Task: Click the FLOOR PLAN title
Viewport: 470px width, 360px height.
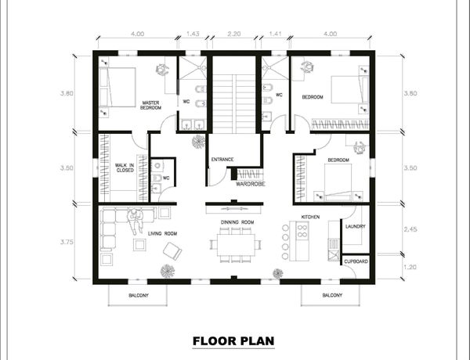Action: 233,341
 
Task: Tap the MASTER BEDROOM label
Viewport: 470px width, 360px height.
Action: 150,105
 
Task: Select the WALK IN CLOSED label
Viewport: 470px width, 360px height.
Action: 125,167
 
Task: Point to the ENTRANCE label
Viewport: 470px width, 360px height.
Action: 222,160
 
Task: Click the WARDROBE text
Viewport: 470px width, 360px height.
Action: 251,184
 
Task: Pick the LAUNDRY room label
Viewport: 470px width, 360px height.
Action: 355,226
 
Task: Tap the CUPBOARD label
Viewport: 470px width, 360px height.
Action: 356,261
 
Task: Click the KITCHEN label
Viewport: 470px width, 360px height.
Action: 310,217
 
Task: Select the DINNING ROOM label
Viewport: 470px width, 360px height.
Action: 237,222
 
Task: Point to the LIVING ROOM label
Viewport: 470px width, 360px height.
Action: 162,234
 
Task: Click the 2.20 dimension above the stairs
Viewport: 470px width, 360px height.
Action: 233,34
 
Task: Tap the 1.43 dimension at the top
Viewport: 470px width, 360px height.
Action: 193,34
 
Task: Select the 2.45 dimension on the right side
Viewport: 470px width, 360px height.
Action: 410,230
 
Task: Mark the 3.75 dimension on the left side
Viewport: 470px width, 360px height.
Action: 67,243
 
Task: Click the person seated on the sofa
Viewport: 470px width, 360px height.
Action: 136,221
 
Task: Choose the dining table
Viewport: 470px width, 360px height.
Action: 236,244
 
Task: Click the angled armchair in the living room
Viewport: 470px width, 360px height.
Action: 172,251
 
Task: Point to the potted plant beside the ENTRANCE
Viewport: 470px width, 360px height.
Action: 198,141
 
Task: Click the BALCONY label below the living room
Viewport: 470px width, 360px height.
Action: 139,295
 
